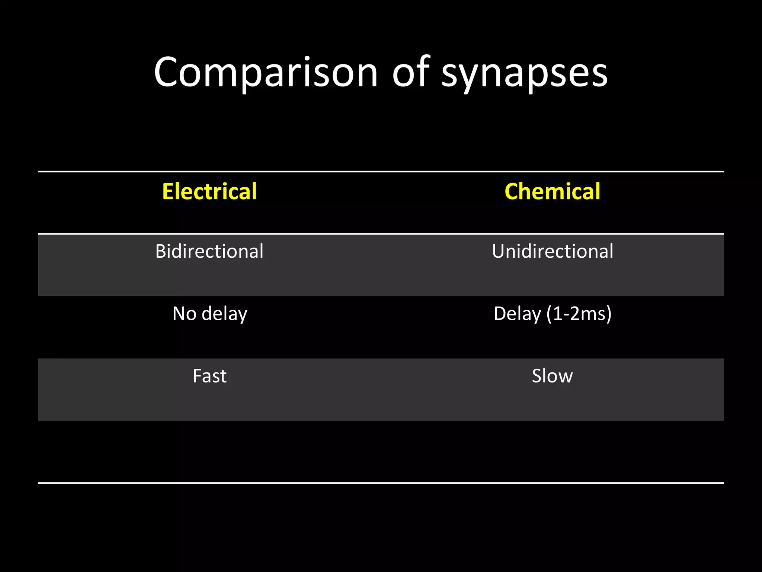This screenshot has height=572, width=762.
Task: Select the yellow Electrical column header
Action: [x=209, y=191]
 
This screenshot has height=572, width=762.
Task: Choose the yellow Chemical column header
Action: [x=552, y=191]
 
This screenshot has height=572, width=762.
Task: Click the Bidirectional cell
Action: [x=209, y=251]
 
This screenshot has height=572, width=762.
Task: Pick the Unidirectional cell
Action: [x=553, y=251]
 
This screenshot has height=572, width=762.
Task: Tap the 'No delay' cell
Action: [x=209, y=314]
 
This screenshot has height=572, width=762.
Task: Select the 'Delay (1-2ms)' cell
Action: [x=553, y=314]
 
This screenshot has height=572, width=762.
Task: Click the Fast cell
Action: [x=209, y=376]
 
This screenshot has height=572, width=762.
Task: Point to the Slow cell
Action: [x=552, y=376]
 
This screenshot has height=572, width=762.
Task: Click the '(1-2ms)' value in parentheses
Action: [x=579, y=314]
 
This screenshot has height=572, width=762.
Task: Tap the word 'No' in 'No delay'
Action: [x=185, y=314]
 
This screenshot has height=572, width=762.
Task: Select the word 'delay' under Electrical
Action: [x=224, y=314]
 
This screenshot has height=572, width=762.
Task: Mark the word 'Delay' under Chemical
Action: [x=517, y=314]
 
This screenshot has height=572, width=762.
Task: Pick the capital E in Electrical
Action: [x=168, y=191]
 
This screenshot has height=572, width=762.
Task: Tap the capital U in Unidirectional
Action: [x=499, y=251]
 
